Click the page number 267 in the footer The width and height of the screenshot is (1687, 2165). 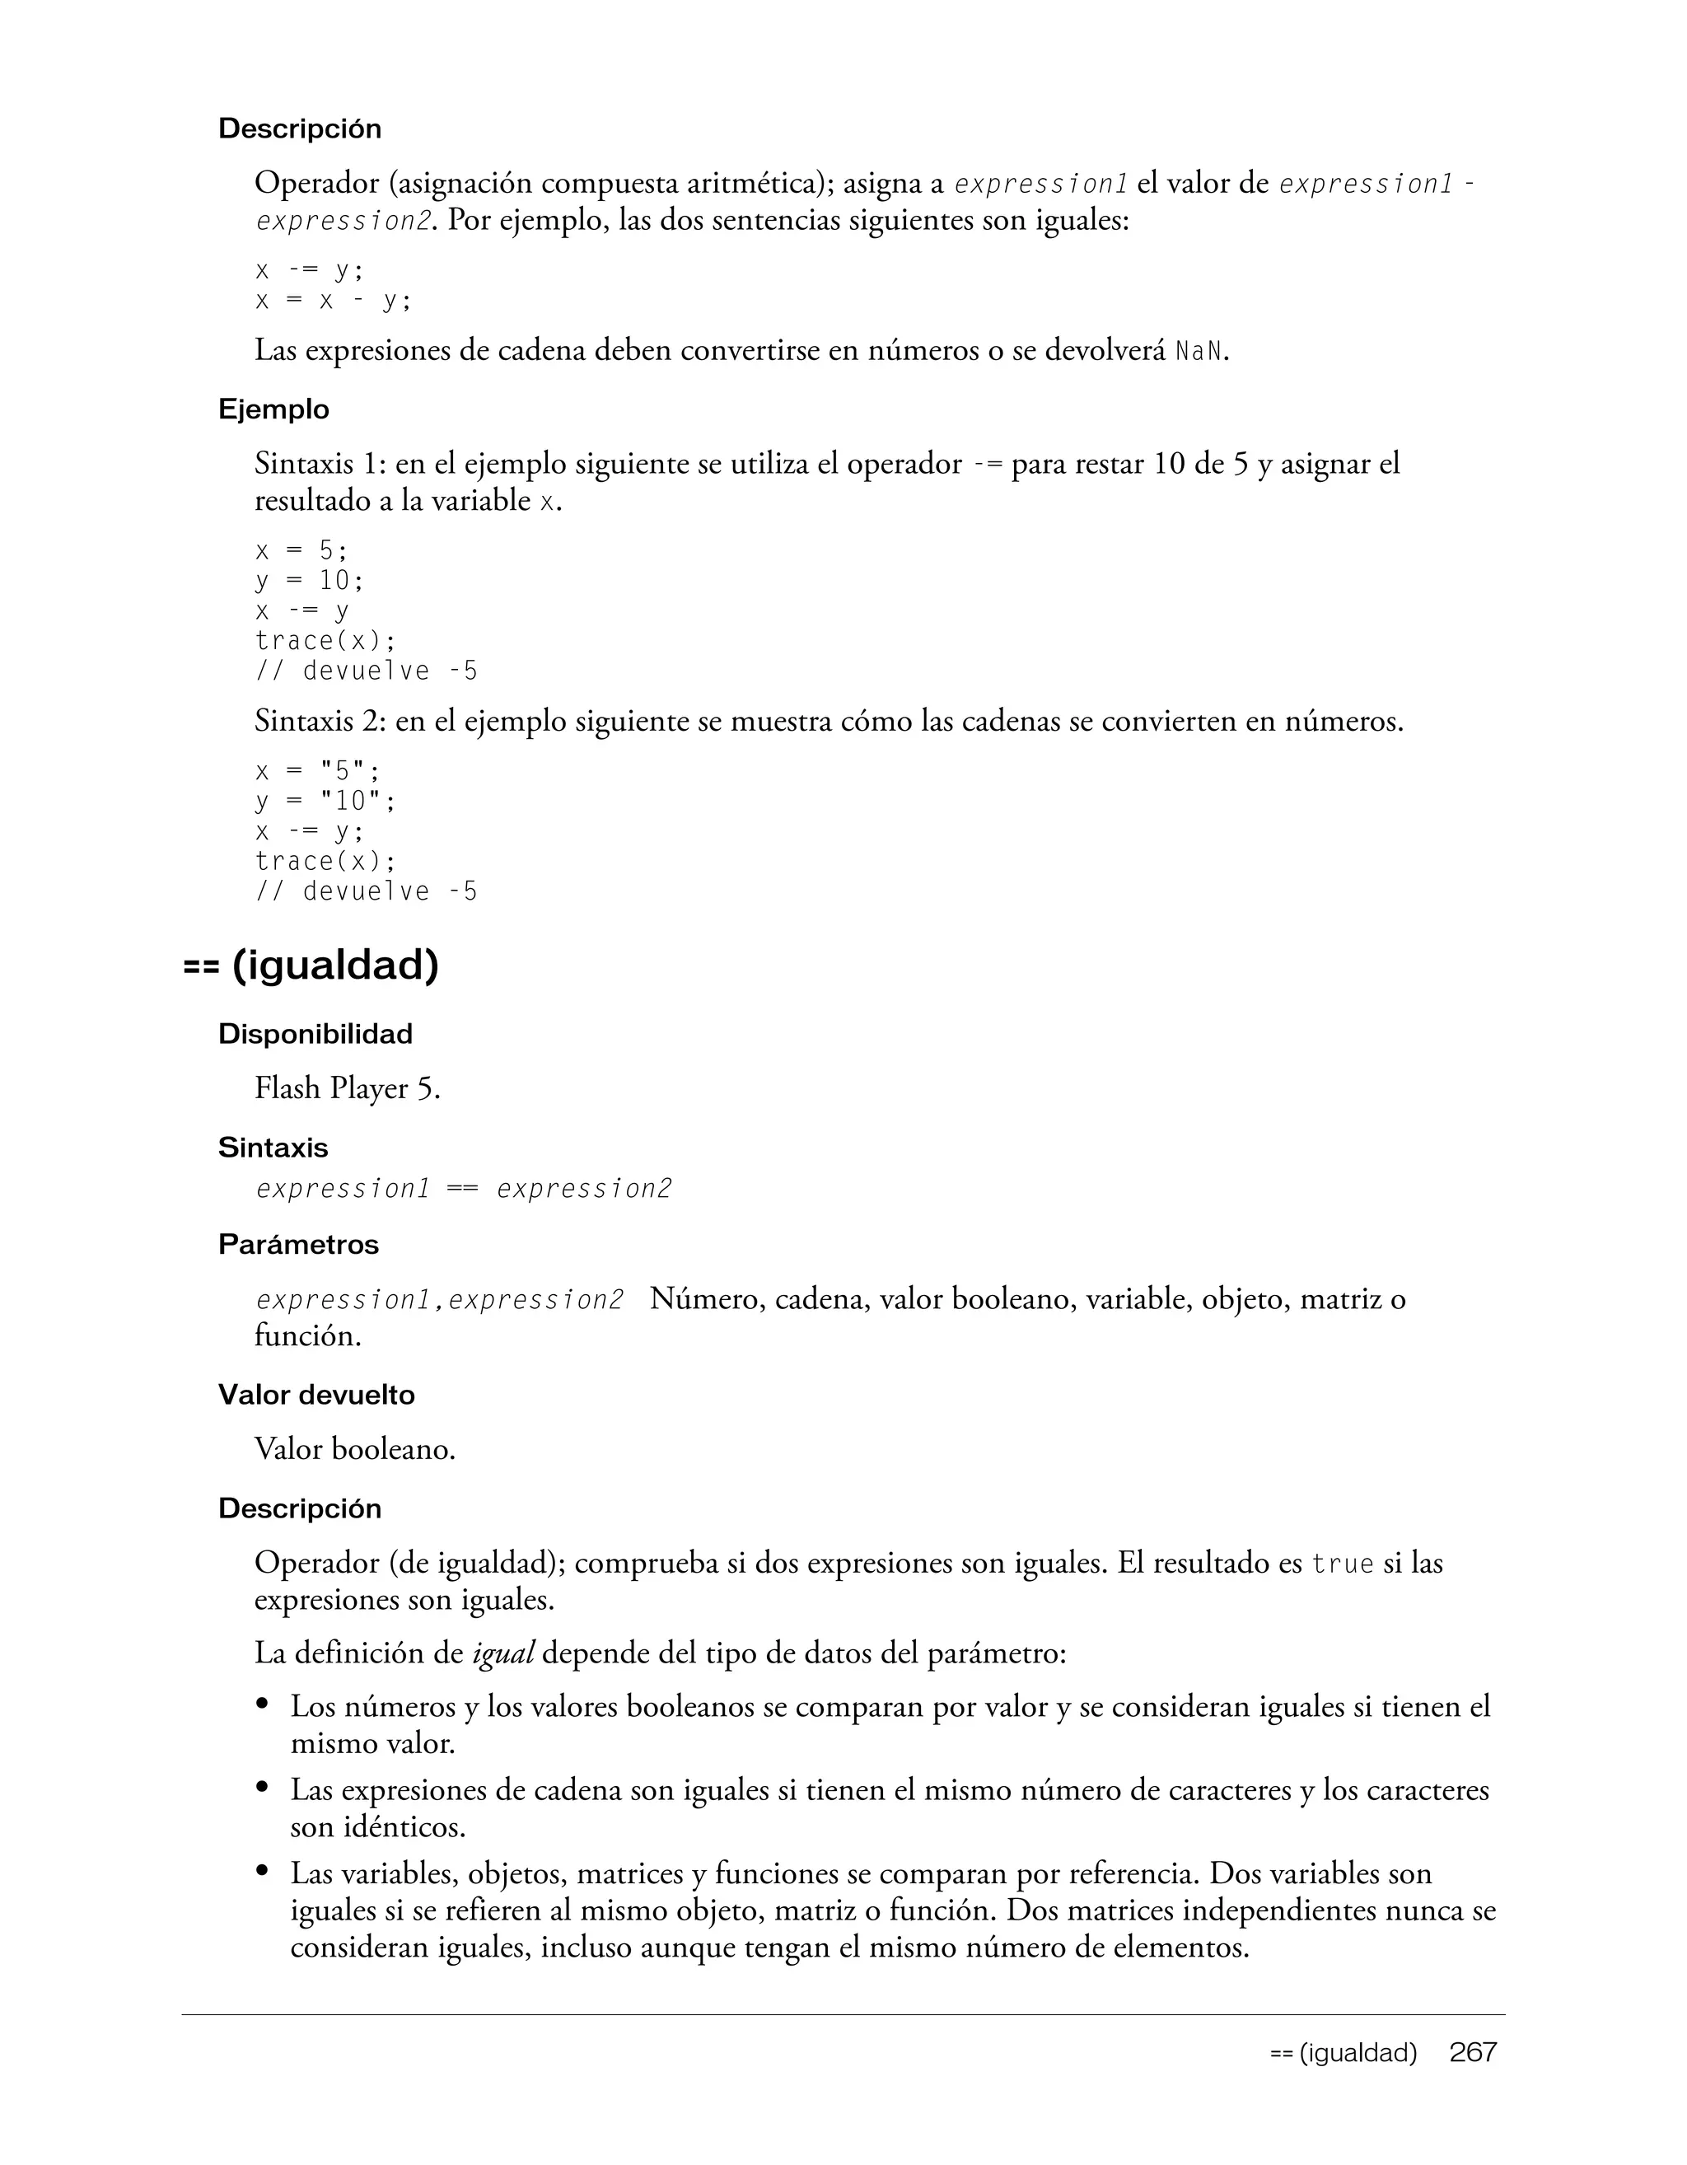pyautogui.click(x=1473, y=2052)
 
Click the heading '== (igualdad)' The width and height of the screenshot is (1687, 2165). pyautogui.click(x=311, y=965)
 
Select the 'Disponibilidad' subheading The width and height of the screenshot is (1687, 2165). pyautogui.click(x=315, y=1034)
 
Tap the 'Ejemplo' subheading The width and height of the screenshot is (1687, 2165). pyautogui.click(x=273, y=409)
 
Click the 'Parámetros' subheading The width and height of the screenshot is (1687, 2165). pyautogui.click(x=298, y=1244)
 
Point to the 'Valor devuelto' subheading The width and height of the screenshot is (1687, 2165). pyautogui.click(x=316, y=1395)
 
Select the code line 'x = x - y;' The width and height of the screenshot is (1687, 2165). pyautogui.click(x=333, y=301)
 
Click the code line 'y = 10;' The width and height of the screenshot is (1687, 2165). pyautogui.click(x=309, y=580)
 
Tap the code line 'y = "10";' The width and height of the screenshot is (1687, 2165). pyautogui.click(x=325, y=801)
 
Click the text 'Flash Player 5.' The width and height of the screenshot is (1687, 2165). pyautogui.click(x=347, y=1088)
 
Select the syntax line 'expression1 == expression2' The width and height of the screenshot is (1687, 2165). pyautogui.click(x=464, y=1189)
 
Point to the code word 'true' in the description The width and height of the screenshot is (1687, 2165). pyautogui.click(x=1342, y=1564)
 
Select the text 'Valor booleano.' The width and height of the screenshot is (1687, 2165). pyautogui.click(x=355, y=1449)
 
